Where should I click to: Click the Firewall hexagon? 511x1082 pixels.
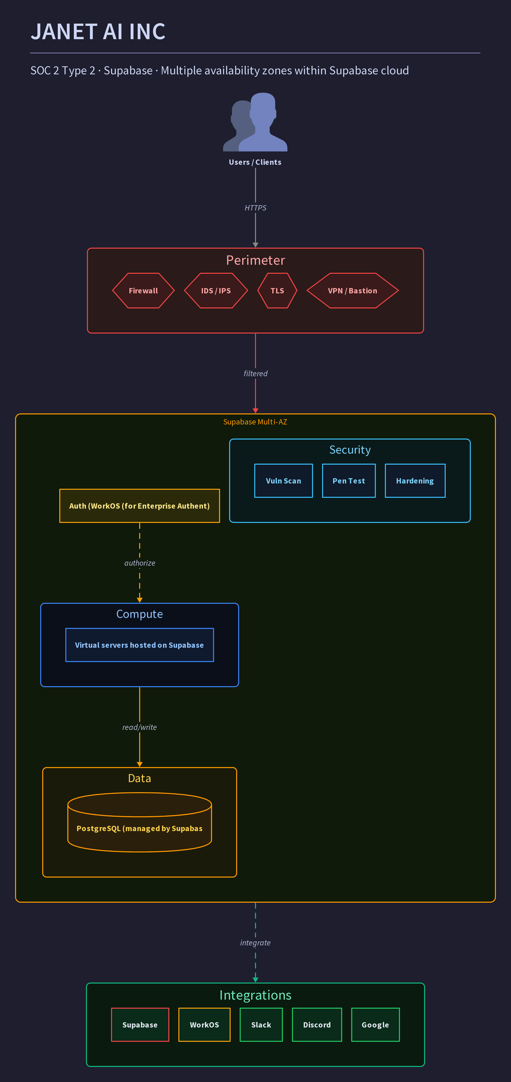(143, 291)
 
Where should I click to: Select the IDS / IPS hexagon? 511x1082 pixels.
(216, 291)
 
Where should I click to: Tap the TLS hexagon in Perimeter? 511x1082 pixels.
(277, 291)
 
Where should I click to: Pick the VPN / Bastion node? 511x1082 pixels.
(352, 291)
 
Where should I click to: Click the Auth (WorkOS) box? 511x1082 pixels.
(139, 506)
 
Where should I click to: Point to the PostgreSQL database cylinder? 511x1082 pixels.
(139, 822)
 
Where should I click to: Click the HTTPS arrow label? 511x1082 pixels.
(256, 208)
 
